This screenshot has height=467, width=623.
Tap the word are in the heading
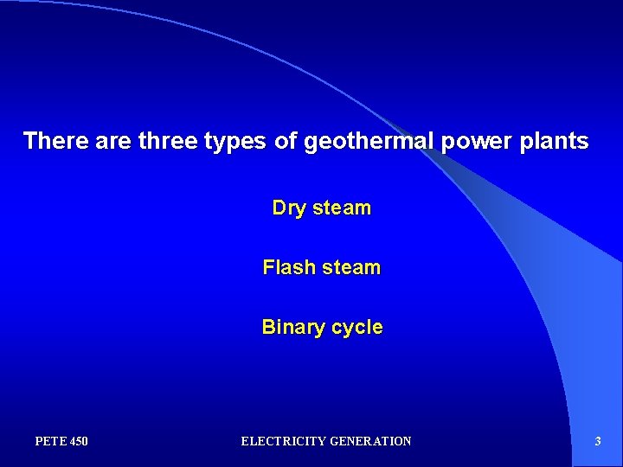tap(111, 141)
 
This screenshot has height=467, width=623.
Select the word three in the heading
tap(168, 141)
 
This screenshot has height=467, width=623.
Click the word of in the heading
tap(285, 141)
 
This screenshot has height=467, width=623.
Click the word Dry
tap(289, 208)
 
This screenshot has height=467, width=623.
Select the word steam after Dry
tap(342, 208)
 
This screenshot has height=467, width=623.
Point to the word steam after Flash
tap(350, 268)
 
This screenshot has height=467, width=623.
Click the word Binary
tap(291, 328)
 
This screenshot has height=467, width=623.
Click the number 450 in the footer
tap(77, 442)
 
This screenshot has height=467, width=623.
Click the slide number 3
tap(598, 442)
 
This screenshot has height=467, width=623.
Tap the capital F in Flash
tap(268, 268)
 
